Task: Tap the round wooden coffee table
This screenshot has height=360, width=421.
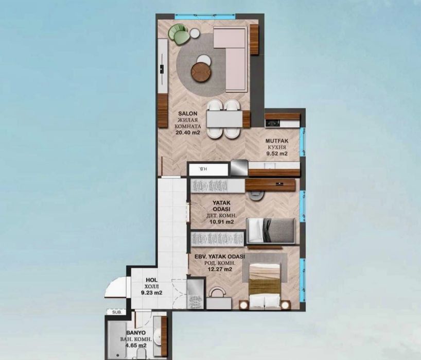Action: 201,72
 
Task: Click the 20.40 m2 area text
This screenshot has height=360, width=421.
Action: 188,132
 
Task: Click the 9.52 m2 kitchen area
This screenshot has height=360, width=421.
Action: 276,153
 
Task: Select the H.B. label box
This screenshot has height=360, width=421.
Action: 208,169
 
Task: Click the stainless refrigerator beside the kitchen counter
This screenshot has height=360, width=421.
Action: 239,168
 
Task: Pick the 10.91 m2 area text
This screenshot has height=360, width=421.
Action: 221,222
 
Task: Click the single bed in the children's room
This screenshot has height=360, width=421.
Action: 271,231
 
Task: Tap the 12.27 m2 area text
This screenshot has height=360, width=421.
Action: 220,269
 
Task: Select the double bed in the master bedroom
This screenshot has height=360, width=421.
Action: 265,285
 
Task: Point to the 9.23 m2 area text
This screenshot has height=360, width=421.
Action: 152,293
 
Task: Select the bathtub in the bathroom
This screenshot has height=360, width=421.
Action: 117,340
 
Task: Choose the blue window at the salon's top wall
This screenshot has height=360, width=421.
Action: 205,16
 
